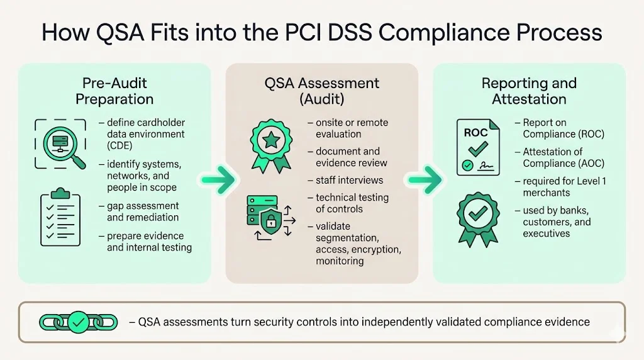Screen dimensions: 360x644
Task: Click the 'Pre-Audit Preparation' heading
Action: pos(114,91)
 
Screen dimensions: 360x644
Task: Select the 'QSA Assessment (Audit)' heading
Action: pos(321,91)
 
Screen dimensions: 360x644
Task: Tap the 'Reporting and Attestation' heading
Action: pos(529,91)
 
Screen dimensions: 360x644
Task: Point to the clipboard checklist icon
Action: pos(60,217)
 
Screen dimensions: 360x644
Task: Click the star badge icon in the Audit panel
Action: pos(271,144)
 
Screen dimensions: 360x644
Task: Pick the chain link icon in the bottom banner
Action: pos(78,322)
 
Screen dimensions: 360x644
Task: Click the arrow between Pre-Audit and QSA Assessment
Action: pos(218,179)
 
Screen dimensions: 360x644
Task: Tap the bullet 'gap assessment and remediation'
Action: pos(142,211)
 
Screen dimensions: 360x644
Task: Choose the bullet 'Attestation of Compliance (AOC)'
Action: pos(563,157)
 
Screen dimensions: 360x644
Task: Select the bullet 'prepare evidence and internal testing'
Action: pos(148,242)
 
